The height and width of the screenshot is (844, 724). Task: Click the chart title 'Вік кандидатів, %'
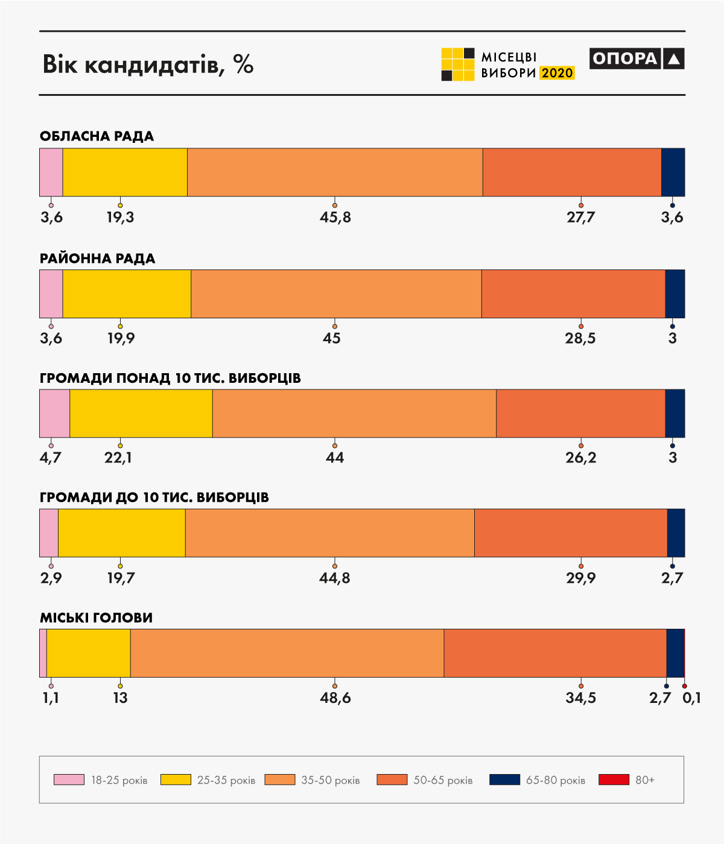coord(148,65)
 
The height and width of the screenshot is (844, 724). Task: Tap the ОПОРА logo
coord(637,58)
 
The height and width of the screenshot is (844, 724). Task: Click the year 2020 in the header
coord(557,73)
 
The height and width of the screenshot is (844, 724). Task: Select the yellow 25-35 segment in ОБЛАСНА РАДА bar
coord(125,172)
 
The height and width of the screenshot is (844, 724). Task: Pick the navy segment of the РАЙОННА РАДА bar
coord(675,294)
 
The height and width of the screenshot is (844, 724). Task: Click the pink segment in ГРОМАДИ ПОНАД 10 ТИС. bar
coord(54,414)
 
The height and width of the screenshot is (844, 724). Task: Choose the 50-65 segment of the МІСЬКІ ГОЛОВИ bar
coord(555,653)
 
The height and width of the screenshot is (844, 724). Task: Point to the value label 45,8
coord(335,217)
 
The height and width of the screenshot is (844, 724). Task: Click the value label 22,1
coord(118,458)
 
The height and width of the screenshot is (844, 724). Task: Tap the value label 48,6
coord(335,698)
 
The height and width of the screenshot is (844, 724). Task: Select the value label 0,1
coord(691,698)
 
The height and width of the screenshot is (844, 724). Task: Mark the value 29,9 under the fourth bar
coord(580,578)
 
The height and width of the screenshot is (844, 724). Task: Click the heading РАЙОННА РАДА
coord(98,259)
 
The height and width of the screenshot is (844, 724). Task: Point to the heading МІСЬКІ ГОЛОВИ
coord(96,618)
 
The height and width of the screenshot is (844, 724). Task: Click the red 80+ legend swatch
coord(614,779)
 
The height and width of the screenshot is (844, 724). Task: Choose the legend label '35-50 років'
coord(330,780)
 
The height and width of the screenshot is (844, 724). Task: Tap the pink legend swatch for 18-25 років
coord(69,779)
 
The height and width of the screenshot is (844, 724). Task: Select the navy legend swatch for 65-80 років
coord(504,779)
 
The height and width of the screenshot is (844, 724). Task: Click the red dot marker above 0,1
coord(684,686)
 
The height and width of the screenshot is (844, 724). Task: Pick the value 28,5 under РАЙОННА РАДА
coord(580,338)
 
